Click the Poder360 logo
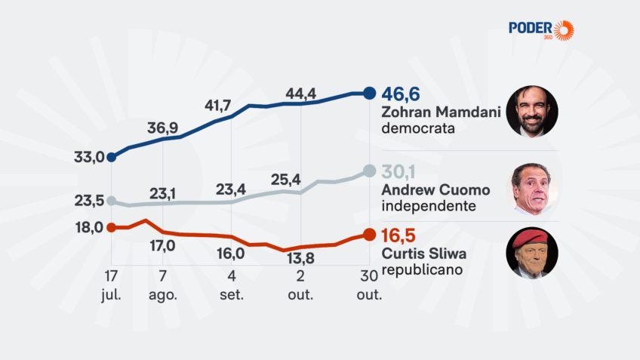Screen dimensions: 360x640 point(541,30)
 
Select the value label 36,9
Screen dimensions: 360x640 point(162,128)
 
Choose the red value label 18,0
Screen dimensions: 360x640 point(88,227)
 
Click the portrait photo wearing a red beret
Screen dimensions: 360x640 point(531,252)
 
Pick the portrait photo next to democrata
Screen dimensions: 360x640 point(531,112)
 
